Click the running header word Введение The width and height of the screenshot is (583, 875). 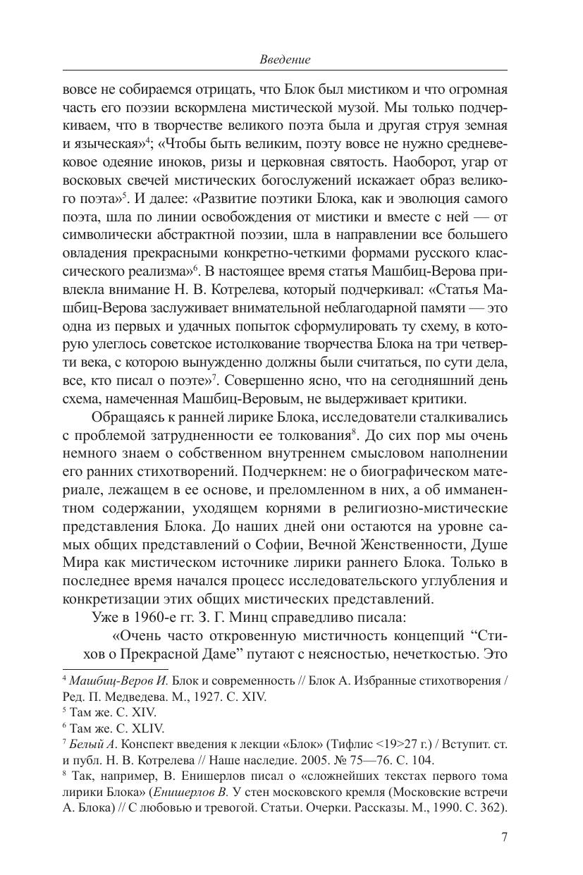(285, 59)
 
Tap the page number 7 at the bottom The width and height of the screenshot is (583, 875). (503, 838)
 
